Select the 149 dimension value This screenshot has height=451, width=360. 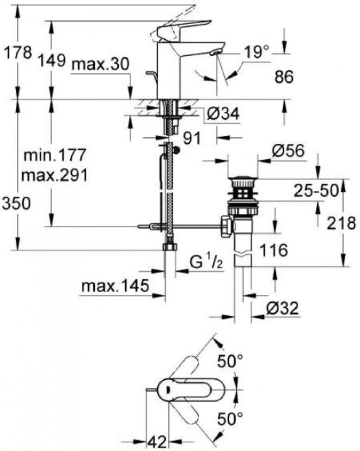pyautogui.click(x=52, y=61)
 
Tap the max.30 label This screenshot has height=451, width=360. pyautogui.click(x=100, y=64)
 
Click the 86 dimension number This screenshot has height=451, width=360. pyautogui.click(x=284, y=77)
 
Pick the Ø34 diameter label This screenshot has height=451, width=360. pyautogui.click(x=223, y=113)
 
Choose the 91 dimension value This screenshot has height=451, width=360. pyautogui.click(x=192, y=138)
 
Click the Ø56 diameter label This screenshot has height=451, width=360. pyautogui.click(x=288, y=151)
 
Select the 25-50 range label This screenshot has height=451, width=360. pyautogui.click(x=316, y=190)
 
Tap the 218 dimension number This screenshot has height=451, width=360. pyautogui.click(x=342, y=223)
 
